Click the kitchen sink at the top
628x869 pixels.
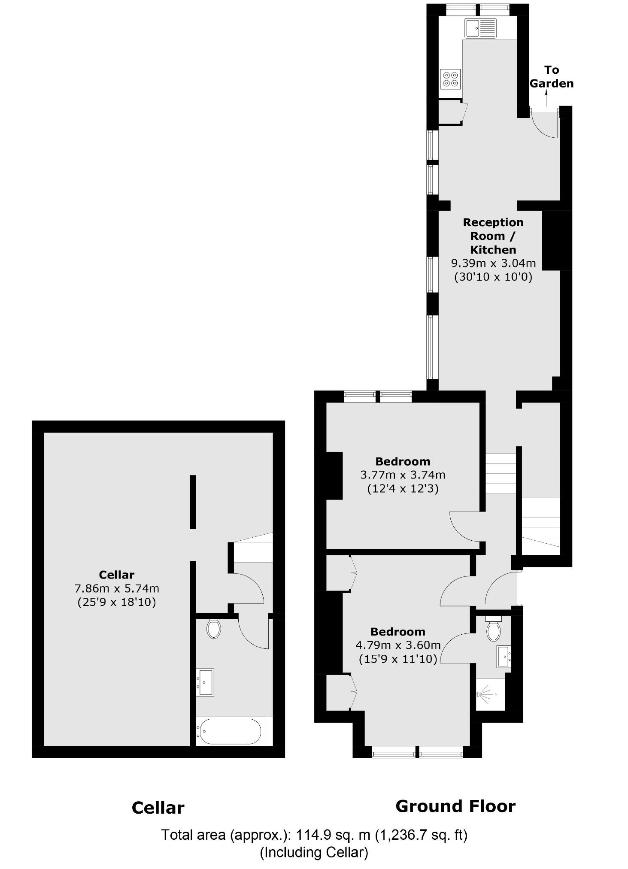click(x=480, y=28)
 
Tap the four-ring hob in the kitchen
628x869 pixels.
click(x=450, y=79)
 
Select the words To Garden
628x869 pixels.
click(x=551, y=76)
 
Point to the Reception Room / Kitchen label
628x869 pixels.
click(x=493, y=236)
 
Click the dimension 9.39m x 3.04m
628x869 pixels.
click(x=493, y=263)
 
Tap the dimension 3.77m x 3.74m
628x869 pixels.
click(x=403, y=475)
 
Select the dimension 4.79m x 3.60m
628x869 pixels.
click(x=398, y=645)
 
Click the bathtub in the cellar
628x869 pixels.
click(x=230, y=732)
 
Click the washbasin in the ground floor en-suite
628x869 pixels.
click(x=504, y=657)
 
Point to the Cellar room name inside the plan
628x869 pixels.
click(x=116, y=575)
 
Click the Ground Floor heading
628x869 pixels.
click(x=455, y=806)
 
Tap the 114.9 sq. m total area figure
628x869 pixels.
click(x=330, y=835)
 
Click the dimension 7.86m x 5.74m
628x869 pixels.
click(x=116, y=588)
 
